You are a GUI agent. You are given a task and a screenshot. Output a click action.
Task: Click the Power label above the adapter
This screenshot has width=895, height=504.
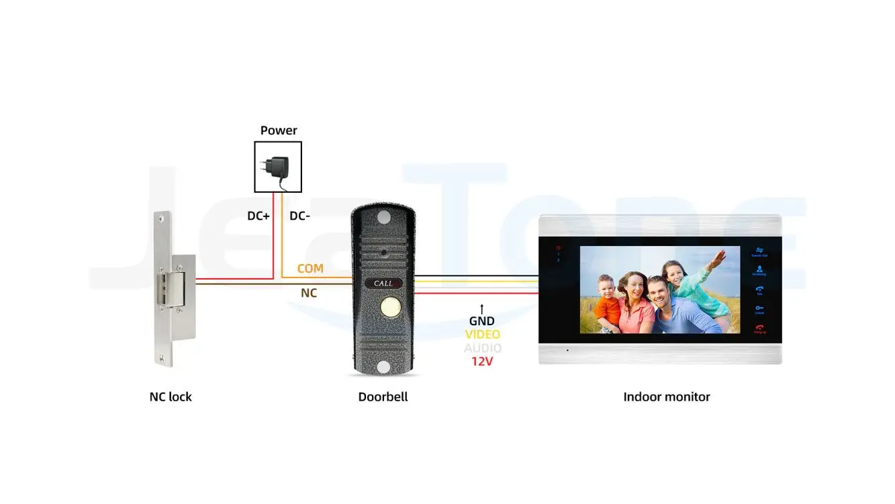tap(279, 130)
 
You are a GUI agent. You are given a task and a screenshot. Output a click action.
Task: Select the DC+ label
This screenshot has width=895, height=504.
tap(258, 216)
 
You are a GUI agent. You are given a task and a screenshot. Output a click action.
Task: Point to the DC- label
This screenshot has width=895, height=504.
tap(299, 216)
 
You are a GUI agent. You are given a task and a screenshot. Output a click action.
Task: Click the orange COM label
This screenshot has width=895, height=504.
tap(310, 268)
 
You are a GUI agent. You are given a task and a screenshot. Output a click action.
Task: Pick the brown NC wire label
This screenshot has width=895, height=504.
tap(309, 293)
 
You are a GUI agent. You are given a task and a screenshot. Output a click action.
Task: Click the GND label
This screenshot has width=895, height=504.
tap(481, 321)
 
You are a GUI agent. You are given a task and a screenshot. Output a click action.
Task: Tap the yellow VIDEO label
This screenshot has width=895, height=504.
tap(483, 335)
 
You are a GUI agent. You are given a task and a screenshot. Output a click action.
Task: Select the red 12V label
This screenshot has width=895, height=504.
tap(481, 362)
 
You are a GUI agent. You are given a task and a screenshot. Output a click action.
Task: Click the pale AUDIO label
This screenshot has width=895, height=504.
tap(483, 348)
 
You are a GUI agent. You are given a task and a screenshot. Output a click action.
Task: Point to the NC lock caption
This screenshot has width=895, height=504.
tap(171, 396)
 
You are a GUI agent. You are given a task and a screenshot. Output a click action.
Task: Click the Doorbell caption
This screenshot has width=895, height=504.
tap(383, 396)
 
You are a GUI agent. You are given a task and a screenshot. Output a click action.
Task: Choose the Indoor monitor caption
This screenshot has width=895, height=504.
tap(666, 396)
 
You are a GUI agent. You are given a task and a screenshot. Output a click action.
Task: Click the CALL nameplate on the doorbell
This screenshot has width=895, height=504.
tap(383, 284)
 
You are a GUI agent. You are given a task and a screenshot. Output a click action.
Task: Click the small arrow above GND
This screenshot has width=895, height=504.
tap(481, 308)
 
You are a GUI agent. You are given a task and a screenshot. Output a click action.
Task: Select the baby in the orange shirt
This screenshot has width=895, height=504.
tap(607, 306)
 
